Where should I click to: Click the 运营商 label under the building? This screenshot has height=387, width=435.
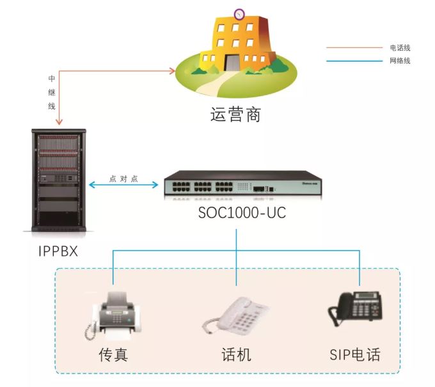tap(236, 115)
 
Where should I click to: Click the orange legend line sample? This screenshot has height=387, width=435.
tap(354, 47)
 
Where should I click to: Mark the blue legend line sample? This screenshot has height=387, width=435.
tap(354, 61)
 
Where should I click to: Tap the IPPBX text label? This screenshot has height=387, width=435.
tap(57, 250)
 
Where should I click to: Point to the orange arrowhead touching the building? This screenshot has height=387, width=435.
tap(171, 70)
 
